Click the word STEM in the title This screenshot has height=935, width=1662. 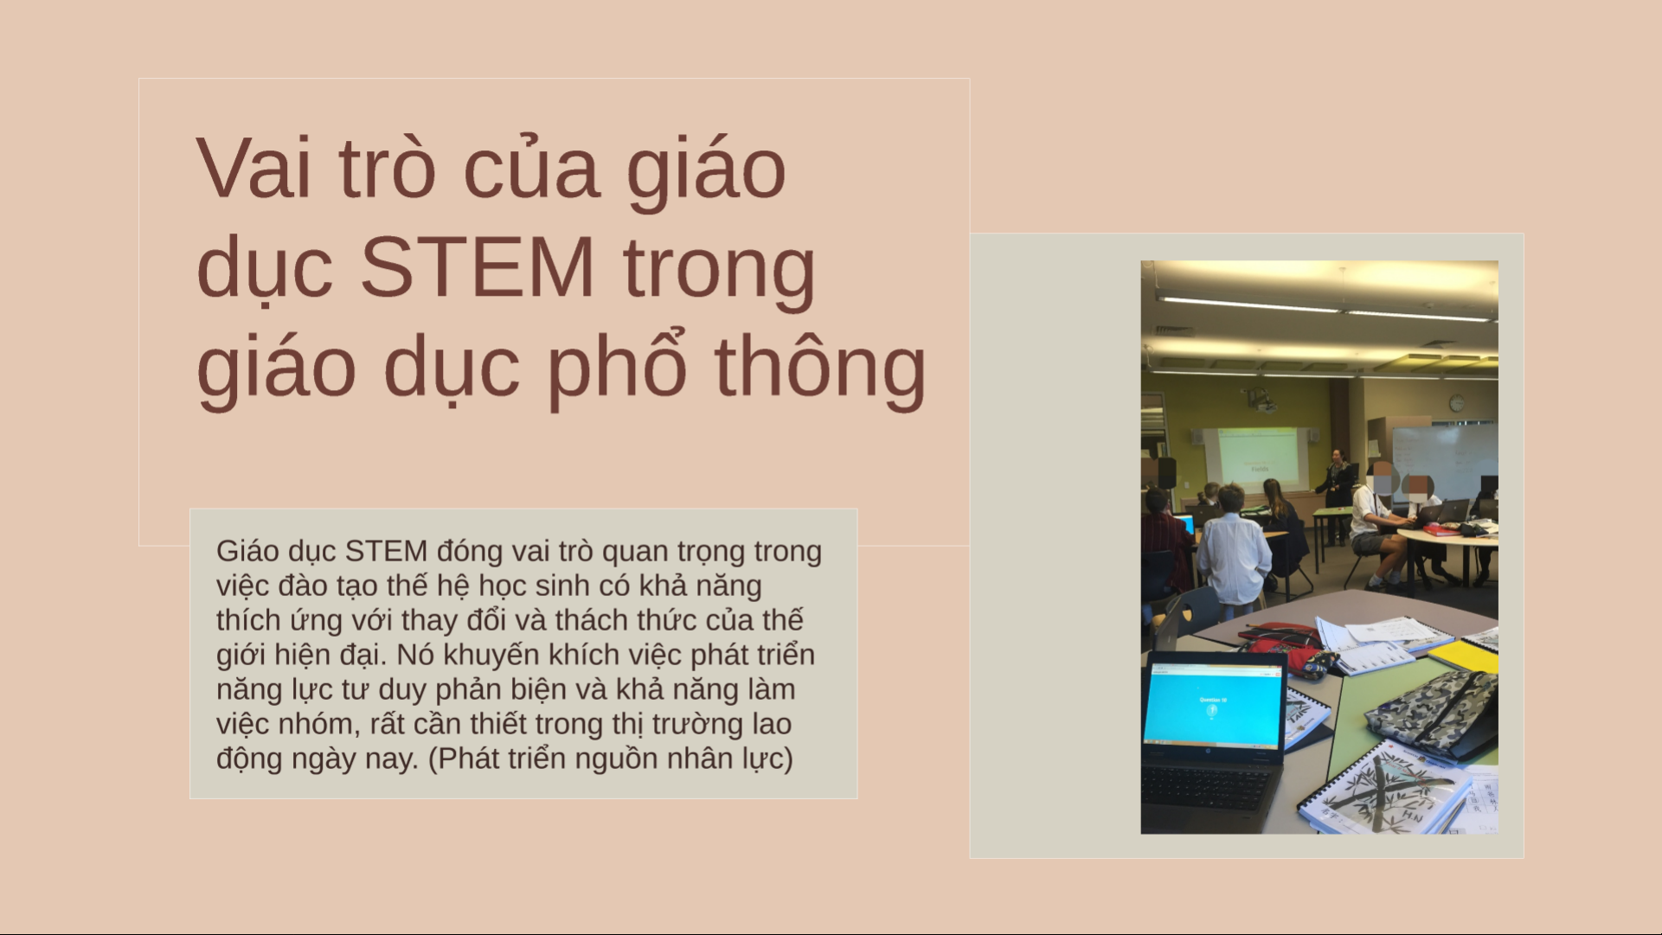click(477, 266)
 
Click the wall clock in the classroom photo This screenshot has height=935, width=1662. click(1457, 403)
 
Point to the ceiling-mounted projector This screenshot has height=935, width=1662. click(1261, 400)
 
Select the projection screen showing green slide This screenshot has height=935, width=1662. click(1259, 458)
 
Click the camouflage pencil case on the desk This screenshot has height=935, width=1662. click(1433, 709)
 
